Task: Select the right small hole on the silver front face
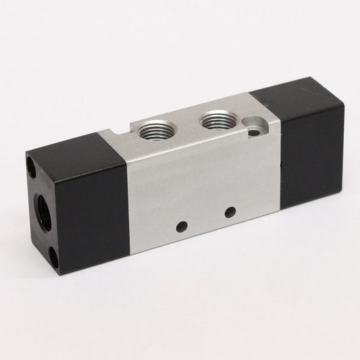(x=230, y=211)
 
